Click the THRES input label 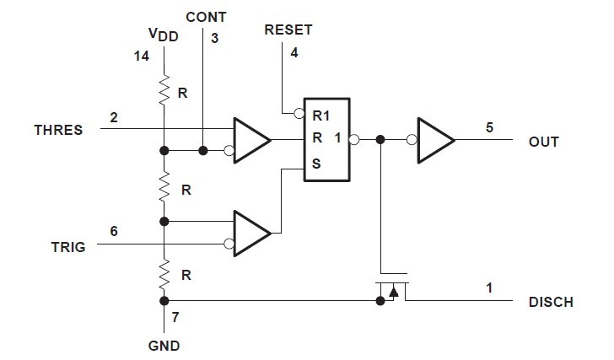pyautogui.click(x=58, y=130)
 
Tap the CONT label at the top pyautogui.click(x=205, y=17)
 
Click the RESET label pyautogui.click(x=288, y=30)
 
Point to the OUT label pyautogui.click(x=544, y=142)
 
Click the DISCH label pyautogui.click(x=551, y=302)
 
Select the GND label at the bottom pyautogui.click(x=163, y=346)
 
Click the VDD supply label pyautogui.click(x=163, y=36)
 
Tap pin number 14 pyautogui.click(x=141, y=56)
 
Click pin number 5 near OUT pyautogui.click(x=489, y=127)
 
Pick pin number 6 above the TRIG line pyautogui.click(x=113, y=230)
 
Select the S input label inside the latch pyautogui.click(x=316, y=164)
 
